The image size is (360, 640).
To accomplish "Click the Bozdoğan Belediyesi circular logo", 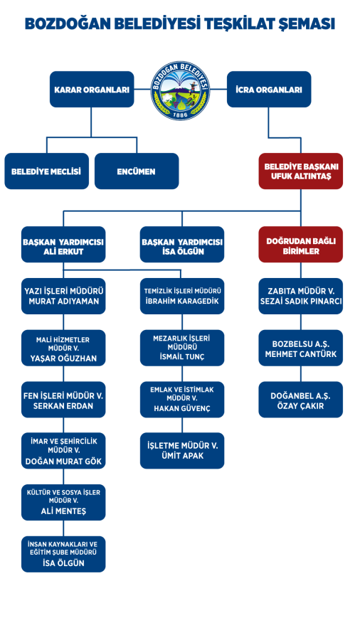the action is point(180,90).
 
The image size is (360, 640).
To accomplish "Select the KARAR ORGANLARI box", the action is point(92,90).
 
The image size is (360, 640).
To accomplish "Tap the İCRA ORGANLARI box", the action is point(269,90).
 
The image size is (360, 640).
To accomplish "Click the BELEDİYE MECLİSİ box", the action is point(46,171).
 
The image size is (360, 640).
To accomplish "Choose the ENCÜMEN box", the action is point(137,171).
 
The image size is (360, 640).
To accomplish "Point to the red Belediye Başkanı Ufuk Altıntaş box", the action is point(301,171).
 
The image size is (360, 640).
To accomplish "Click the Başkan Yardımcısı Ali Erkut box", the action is point(63,245).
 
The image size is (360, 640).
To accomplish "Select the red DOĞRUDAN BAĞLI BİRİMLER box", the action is point(301,245).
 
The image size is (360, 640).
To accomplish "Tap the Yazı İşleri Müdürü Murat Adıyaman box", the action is point(63,297).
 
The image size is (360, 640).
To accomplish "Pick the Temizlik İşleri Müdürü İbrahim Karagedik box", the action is point(182,297).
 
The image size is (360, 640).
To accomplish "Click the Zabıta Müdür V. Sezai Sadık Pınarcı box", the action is point(301,297).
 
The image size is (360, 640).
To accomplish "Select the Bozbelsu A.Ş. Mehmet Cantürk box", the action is point(301,348).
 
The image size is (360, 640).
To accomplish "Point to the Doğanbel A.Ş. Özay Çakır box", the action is point(301,400).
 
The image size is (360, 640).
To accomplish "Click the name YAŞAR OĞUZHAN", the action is point(63,359).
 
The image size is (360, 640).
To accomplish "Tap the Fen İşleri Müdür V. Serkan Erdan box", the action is point(63,400).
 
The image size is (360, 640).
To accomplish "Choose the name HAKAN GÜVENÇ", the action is point(182,409).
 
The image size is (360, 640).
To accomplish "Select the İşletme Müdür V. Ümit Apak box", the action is point(182,451).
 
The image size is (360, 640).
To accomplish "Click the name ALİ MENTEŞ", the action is point(63,512).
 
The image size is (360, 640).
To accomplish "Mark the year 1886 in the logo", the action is point(180,114).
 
